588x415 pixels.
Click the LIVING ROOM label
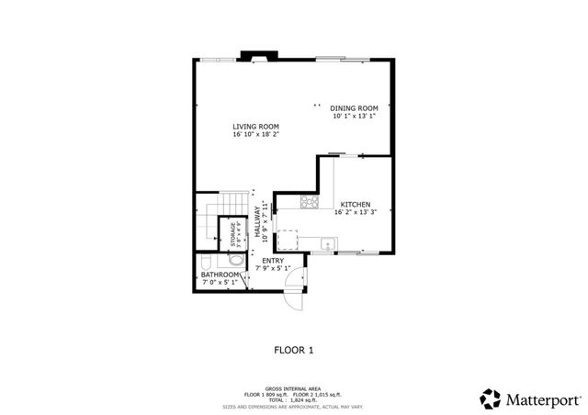tap(255, 127)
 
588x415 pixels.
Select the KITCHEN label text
tap(355, 204)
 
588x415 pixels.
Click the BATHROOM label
tap(220, 275)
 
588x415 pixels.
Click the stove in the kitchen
tap(310, 204)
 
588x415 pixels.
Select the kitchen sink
tap(327, 244)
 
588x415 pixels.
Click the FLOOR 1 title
tap(294, 350)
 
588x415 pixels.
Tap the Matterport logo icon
tap(491, 398)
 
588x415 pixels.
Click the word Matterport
tap(543, 398)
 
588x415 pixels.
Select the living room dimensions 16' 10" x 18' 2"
tap(255, 135)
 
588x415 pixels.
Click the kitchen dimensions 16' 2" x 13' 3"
tap(355, 212)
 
